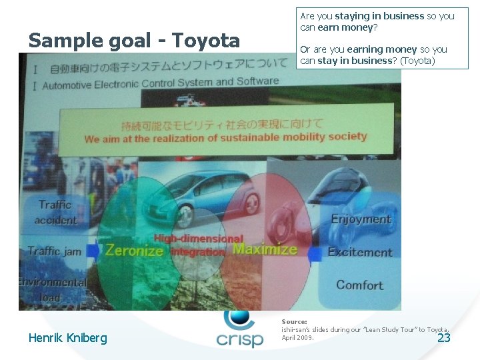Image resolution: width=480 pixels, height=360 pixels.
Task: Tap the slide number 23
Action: pyautogui.click(x=443, y=338)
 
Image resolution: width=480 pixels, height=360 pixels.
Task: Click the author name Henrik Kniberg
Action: pyautogui.click(x=67, y=338)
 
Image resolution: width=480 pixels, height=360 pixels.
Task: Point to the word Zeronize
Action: pyautogui.click(x=134, y=251)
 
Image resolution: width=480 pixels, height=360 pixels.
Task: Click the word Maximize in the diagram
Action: pyautogui.click(x=265, y=249)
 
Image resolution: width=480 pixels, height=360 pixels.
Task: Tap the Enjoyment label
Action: pyautogui.click(x=361, y=219)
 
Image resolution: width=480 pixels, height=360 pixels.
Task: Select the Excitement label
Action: pyautogui.click(x=360, y=252)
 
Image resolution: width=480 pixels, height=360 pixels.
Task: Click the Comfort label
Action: pyautogui.click(x=359, y=285)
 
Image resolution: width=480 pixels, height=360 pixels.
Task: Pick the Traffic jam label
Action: pyautogui.click(x=55, y=251)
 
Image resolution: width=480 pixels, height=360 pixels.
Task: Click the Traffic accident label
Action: pyautogui.click(x=56, y=212)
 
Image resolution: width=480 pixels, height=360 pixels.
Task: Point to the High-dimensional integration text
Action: pyautogui.click(x=198, y=245)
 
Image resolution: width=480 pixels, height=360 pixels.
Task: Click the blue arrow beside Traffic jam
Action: pyautogui.click(x=93, y=251)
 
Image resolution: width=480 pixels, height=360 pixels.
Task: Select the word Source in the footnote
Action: pyautogui.click(x=294, y=321)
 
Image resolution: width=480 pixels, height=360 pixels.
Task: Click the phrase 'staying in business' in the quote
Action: pyautogui.click(x=379, y=16)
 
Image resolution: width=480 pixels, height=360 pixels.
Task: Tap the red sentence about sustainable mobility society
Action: pyautogui.click(x=225, y=137)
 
